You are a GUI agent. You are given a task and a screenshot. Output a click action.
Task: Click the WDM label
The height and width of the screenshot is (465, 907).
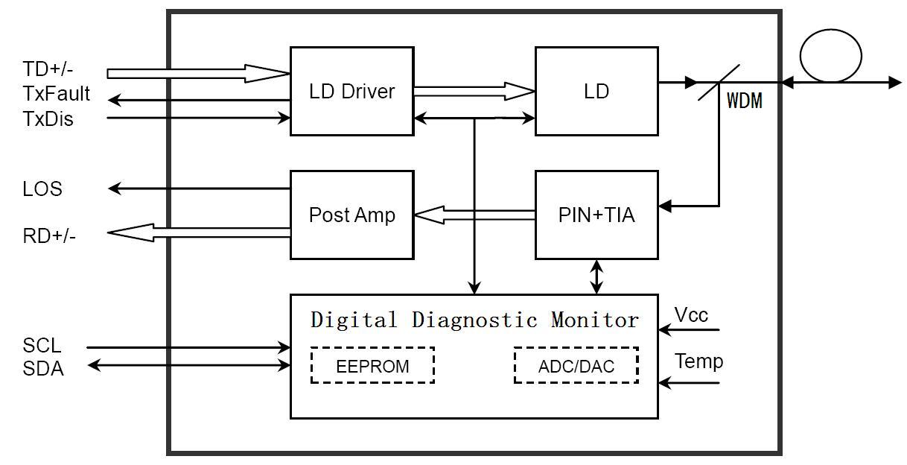pos(744,101)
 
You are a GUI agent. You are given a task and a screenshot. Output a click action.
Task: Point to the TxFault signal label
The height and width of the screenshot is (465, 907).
pos(57,94)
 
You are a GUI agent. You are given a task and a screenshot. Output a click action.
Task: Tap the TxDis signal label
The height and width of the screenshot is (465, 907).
pos(48,119)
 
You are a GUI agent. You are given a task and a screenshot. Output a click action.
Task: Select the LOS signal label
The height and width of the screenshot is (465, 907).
pos(42,189)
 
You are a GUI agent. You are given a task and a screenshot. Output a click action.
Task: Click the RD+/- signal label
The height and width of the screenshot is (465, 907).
pos(49,235)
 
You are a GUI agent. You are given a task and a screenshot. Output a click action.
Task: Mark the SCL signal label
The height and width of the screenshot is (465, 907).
pos(42,346)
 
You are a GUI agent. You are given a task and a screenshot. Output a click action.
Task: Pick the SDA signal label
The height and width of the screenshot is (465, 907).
pos(43,369)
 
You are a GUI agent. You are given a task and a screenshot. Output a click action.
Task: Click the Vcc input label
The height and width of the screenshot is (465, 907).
pos(691,314)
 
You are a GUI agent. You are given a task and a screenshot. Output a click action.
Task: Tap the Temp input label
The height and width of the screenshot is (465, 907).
pos(698,361)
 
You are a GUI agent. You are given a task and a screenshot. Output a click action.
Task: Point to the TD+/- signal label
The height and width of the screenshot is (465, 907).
pos(48,69)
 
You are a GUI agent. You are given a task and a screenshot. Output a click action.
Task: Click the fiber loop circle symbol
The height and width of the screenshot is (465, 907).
pos(830,29)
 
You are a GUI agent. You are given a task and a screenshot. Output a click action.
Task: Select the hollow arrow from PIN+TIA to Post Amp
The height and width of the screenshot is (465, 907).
pos(474,215)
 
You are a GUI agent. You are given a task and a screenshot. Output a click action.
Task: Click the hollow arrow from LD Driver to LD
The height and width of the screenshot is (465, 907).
pos(474,91)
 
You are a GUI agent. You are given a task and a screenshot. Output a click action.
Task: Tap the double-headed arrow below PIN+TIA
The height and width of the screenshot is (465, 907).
pos(596,276)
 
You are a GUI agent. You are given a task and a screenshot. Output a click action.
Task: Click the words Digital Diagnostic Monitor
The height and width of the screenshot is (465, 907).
pos(474,320)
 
